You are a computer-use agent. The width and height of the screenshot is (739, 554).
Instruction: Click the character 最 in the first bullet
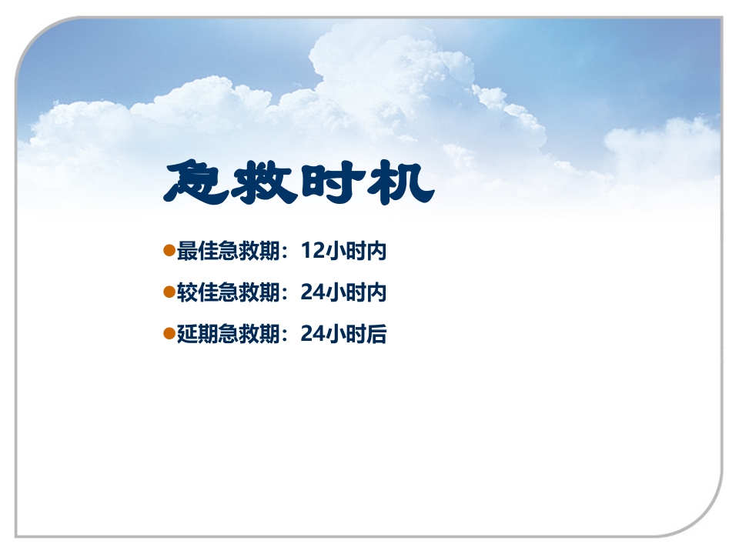(187, 251)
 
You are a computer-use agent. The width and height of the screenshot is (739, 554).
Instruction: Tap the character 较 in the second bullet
(187, 292)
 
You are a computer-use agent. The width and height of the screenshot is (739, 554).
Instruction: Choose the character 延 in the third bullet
(187, 334)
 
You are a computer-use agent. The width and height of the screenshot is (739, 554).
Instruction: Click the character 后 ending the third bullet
(376, 334)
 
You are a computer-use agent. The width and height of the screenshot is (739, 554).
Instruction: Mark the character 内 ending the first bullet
(376, 251)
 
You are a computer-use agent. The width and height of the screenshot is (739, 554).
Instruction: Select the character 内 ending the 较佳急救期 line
(376, 292)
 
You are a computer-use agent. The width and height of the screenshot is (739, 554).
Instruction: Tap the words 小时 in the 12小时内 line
(346, 251)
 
